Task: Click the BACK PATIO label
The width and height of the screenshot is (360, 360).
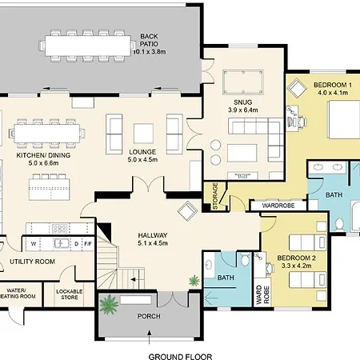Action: (x=149, y=40)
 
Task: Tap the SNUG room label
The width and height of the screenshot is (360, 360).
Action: (x=243, y=102)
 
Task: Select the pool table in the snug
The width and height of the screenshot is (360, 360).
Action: (x=243, y=82)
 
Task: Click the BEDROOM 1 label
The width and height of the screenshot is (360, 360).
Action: (x=333, y=85)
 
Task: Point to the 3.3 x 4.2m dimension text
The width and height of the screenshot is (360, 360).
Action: (x=296, y=266)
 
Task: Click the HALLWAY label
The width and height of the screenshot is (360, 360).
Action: (x=153, y=235)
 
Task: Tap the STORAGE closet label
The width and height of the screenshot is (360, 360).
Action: (x=215, y=195)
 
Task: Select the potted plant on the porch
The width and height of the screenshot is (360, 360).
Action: (x=109, y=304)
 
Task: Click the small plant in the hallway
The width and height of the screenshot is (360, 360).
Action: (x=194, y=281)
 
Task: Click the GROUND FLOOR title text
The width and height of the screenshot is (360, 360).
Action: (x=180, y=356)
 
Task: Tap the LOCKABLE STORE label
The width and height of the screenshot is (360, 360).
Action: (x=70, y=294)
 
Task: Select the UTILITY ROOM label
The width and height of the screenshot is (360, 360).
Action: (x=32, y=262)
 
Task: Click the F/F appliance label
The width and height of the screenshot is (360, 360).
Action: (x=88, y=244)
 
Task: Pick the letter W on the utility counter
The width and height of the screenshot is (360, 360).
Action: (x=34, y=244)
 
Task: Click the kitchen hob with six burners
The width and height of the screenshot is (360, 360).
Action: (x=59, y=228)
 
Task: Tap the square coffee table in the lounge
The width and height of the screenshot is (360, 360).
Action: (x=143, y=134)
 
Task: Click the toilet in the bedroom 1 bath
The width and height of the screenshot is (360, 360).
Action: (x=339, y=225)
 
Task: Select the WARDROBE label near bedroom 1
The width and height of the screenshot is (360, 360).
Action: (x=278, y=206)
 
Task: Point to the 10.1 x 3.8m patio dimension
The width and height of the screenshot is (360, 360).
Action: (x=150, y=51)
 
